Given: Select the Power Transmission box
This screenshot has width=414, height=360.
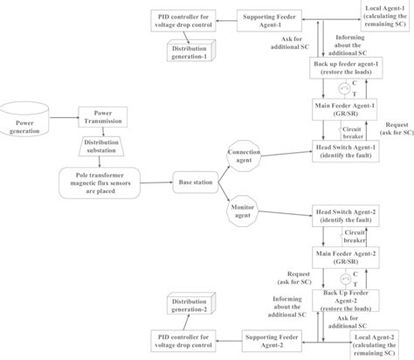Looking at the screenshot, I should (104, 117).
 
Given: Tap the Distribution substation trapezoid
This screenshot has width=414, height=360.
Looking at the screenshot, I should (104, 147).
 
